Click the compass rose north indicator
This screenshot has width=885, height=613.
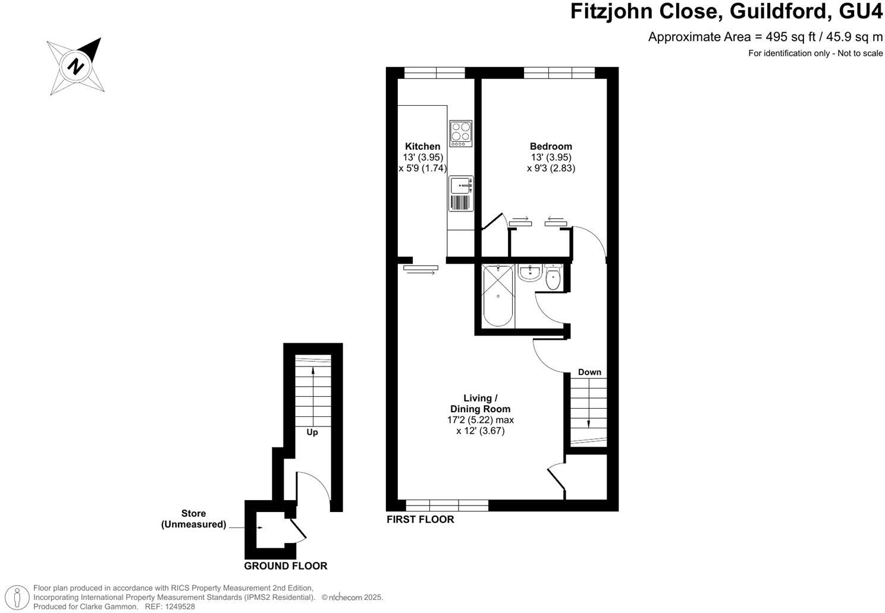(76, 65)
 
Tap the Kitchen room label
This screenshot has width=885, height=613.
(422, 146)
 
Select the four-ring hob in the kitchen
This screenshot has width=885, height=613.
(461, 134)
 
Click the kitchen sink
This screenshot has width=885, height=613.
(461, 186)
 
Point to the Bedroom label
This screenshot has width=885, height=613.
(551, 146)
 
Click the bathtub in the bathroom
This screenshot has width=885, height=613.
(497, 295)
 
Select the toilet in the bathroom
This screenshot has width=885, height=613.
(553, 277)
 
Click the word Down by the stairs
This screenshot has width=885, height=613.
(589, 372)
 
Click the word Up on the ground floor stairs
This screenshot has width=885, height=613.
(312, 432)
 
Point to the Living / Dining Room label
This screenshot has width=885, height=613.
(480, 403)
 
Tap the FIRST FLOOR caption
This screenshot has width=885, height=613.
(420, 520)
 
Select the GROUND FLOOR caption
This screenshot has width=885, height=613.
(285, 566)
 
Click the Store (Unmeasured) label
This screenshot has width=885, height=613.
(193, 519)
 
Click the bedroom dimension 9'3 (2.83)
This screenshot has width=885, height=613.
(551, 168)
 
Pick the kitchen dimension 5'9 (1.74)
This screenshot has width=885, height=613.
(422, 168)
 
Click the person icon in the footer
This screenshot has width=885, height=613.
(19, 596)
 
